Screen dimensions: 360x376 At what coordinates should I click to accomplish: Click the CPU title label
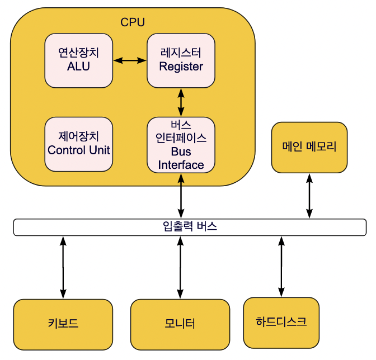(x=133, y=22)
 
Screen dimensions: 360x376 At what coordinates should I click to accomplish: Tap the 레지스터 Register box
(x=181, y=60)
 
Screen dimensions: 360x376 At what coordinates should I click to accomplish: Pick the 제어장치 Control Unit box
(x=78, y=144)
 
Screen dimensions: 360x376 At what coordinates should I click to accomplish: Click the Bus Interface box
(x=181, y=145)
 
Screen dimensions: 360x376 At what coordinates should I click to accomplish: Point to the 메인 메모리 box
(x=309, y=147)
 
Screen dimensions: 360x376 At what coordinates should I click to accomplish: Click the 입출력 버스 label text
(x=190, y=227)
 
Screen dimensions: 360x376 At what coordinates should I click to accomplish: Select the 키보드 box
(x=63, y=324)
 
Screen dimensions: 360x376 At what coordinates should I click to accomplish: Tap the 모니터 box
(x=180, y=324)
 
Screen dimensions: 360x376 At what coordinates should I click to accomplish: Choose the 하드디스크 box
(x=281, y=322)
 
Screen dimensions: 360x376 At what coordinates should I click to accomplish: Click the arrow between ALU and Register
(x=130, y=60)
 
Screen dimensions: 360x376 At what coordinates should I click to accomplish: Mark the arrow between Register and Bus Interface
(x=181, y=102)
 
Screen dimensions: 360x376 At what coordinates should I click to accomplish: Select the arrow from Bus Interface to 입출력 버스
(x=181, y=196)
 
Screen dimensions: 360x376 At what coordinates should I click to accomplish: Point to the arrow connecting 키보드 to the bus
(x=63, y=267)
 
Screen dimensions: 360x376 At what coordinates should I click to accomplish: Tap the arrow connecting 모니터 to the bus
(x=180, y=267)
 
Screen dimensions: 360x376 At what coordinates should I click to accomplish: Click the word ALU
(x=78, y=67)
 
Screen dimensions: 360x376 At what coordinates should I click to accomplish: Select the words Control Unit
(x=78, y=150)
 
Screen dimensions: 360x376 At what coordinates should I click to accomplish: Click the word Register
(x=181, y=67)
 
